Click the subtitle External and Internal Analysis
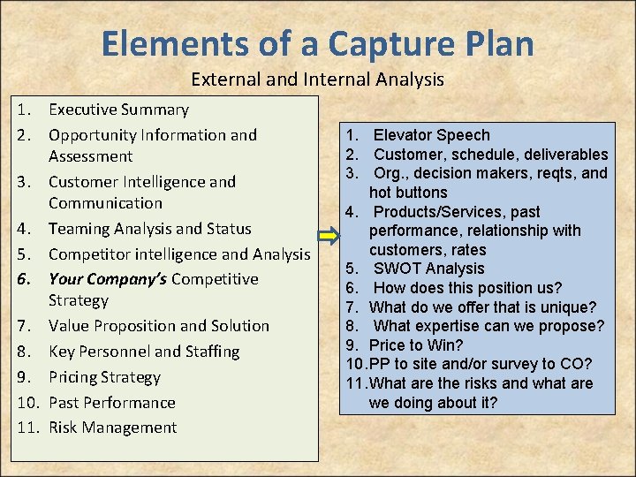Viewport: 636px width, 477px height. point(317,79)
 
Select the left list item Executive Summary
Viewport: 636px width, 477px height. point(118,110)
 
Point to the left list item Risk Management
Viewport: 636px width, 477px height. point(112,428)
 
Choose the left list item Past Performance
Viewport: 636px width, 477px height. point(111,403)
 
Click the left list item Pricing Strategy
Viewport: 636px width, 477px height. point(104,377)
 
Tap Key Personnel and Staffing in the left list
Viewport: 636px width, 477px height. point(144,352)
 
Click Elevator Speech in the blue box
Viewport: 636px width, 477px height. point(431,135)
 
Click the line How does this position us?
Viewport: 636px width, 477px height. point(467,288)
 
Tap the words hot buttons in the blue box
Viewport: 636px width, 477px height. point(408,193)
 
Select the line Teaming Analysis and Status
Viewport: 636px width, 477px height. point(150,229)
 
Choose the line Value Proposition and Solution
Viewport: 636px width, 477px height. point(159,326)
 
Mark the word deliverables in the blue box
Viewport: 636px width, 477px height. point(564,155)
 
